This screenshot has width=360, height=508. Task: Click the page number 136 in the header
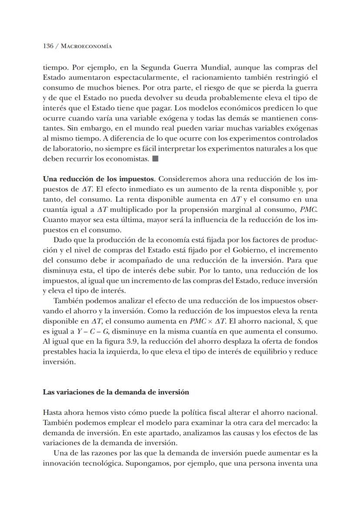[x=48, y=46]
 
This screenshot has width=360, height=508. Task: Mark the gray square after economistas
[x=155, y=159]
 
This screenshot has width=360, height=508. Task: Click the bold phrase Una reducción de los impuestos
[x=98, y=179]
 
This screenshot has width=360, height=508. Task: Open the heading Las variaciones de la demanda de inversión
[x=116, y=392]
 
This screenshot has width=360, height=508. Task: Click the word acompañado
[x=151, y=260]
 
